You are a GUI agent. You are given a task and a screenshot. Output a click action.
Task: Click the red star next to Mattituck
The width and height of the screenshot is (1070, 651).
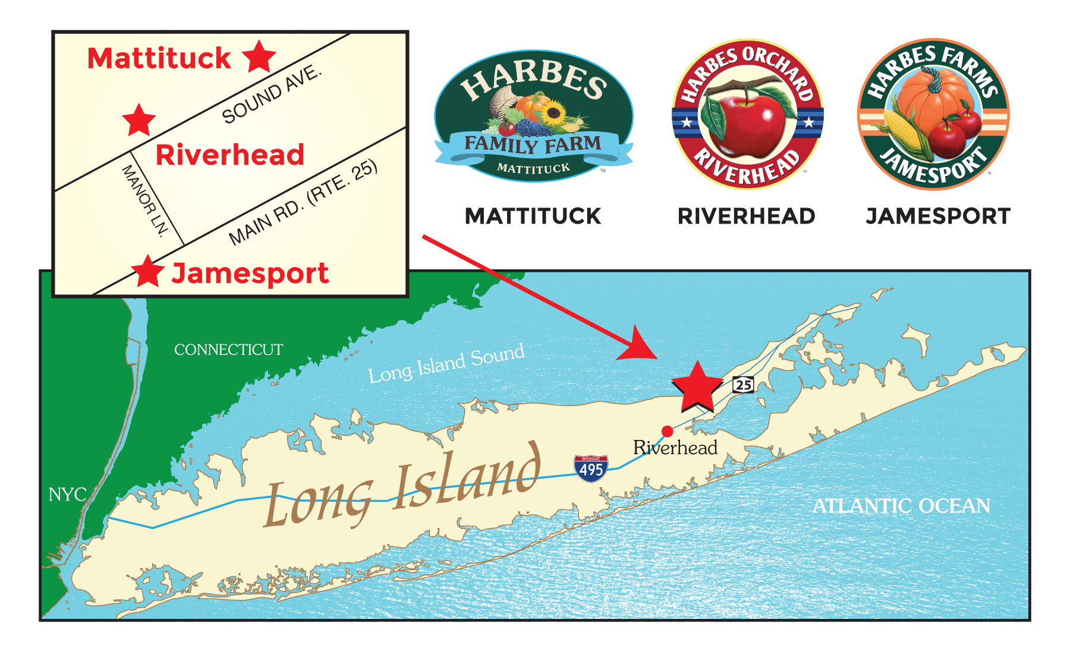259,57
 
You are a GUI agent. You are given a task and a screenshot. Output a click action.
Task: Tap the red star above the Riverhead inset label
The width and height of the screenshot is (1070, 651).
139,120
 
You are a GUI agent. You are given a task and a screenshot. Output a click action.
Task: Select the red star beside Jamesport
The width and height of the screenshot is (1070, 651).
147,272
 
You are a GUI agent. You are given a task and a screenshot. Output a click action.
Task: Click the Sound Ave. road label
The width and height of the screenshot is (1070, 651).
271,96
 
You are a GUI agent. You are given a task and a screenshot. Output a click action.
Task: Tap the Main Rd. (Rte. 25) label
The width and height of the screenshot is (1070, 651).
303,202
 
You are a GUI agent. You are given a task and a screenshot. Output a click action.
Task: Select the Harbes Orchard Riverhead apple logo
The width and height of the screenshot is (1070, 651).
747,115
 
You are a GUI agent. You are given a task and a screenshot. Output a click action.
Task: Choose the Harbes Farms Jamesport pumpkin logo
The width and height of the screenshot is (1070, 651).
933,115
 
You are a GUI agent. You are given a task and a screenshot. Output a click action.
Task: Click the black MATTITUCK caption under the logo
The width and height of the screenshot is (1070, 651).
533,216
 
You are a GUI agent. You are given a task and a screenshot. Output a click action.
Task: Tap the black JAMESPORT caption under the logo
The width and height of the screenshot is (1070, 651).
938,216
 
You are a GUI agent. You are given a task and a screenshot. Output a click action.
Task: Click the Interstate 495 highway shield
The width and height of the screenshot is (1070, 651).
591,468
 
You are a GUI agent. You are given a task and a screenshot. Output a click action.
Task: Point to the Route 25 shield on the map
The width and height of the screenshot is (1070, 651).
743,385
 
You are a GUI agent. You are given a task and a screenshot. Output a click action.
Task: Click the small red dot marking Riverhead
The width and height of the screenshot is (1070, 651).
668,431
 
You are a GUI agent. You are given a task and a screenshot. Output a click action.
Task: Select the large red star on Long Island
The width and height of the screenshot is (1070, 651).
697,386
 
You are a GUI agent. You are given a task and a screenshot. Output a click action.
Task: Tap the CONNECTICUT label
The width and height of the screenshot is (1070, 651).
228,350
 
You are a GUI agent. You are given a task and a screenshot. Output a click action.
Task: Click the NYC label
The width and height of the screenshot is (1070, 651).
67,495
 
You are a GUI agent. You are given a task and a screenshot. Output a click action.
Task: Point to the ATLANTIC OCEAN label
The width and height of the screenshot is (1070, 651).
901,506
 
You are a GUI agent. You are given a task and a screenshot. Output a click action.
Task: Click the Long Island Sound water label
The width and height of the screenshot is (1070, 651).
446,363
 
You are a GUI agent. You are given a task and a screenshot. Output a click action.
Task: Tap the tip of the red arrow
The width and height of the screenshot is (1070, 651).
656,358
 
